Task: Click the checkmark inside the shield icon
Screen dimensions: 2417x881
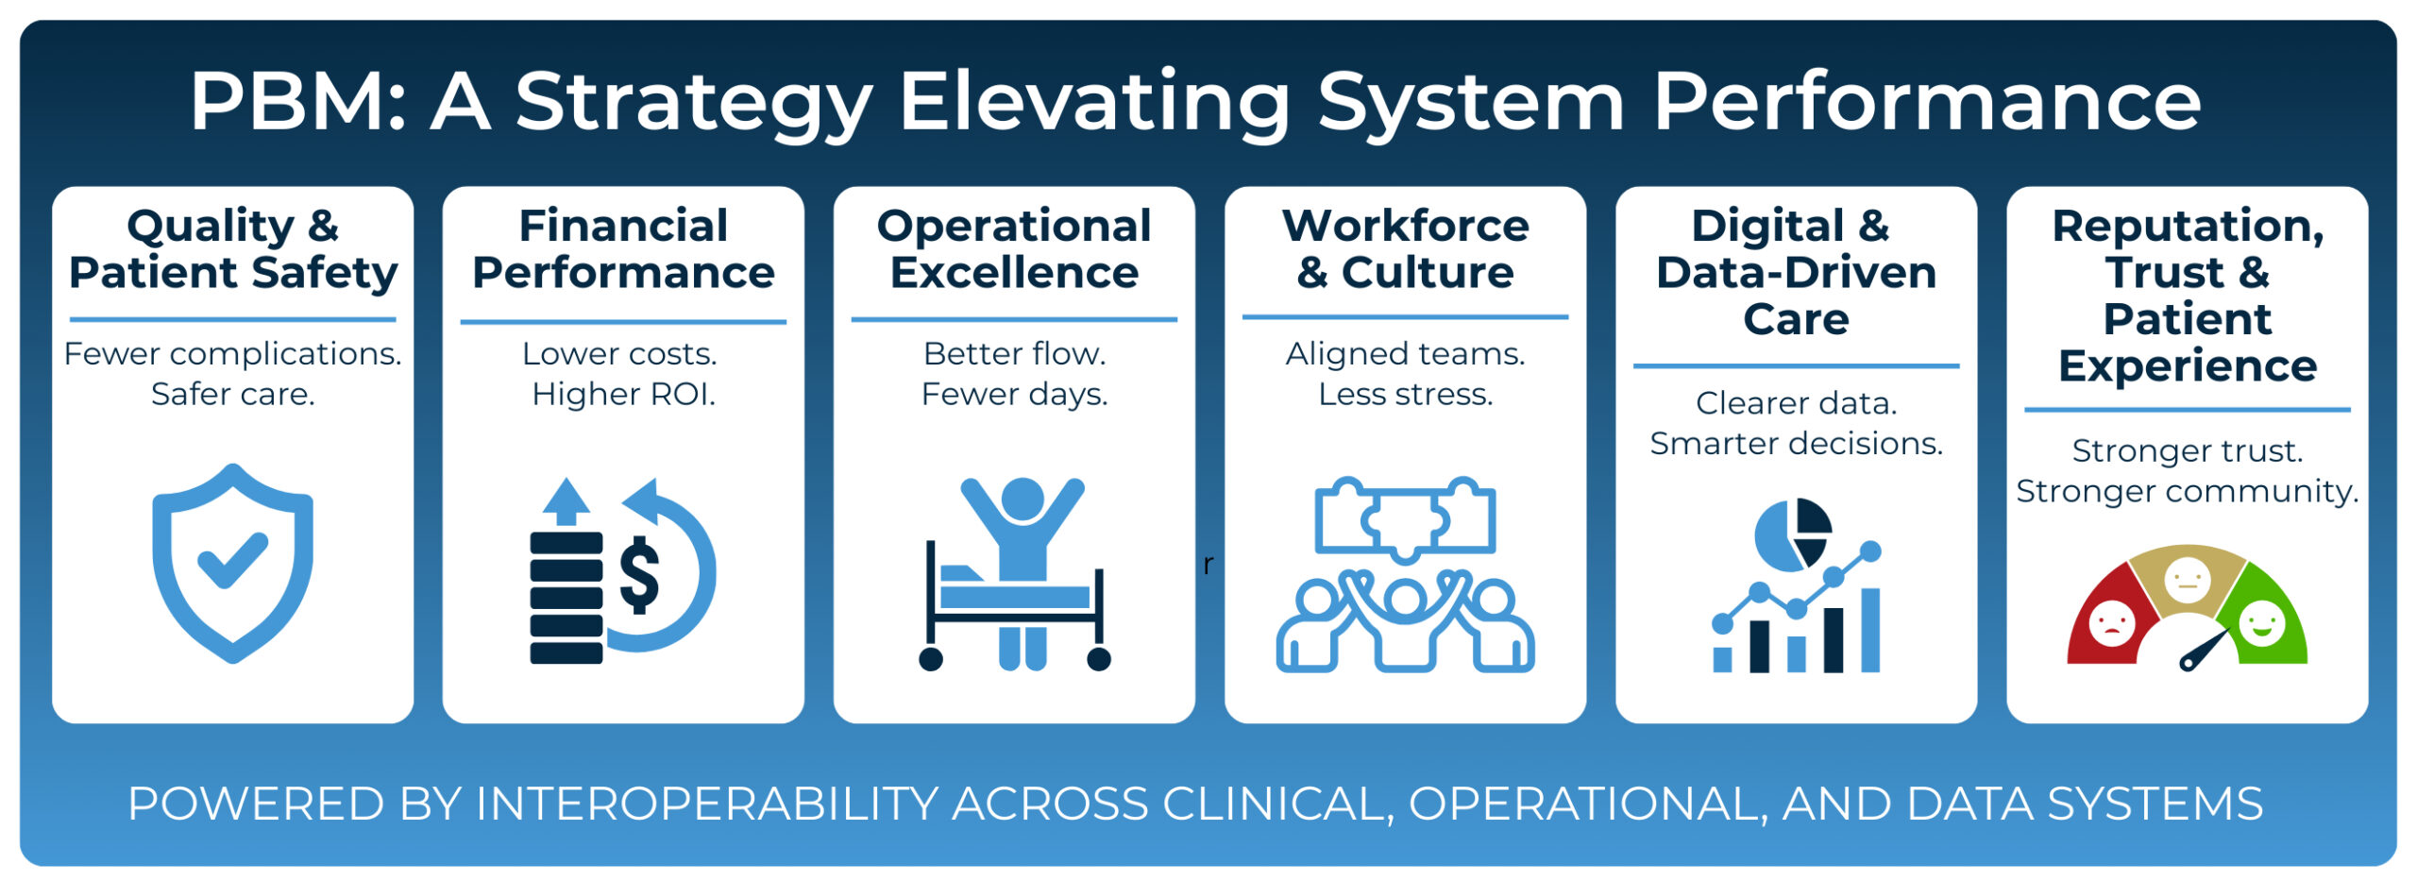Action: pyautogui.click(x=232, y=560)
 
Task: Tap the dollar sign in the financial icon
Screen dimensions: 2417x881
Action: pyautogui.click(x=639, y=575)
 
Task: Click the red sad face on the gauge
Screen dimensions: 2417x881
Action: pyautogui.click(x=2112, y=623)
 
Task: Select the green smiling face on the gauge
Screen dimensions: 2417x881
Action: pyautogui.click(x=2263, y=623)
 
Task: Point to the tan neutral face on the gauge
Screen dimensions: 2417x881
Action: pyautogui.click(x=2188, y=578)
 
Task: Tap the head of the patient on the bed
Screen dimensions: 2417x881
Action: pyautogui.click(x=1022, y=499)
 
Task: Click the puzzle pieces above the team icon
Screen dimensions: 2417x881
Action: pyautogui.click(x=1405, y=518)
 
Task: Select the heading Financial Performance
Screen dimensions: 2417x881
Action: pyautogui.click(x=623, y=248)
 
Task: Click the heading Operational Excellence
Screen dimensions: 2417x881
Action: pyautogui.click(x=1014, y=248)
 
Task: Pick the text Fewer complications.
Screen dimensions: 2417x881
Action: pyautogui.click(x=232, y=353)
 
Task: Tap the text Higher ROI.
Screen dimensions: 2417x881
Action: pyautogui.click(x=623, y=394)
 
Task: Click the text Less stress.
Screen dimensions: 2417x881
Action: pyautogui.click(x=1405, y=394)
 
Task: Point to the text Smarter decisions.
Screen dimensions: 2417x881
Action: pyautogui.click(x=1796, y=443)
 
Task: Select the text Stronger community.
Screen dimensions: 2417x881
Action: pyautogui.click(x=2187, y=491)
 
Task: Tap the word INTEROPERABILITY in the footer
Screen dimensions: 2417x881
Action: pyautogui.click(x=707, y=804)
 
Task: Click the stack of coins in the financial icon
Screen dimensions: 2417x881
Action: pyautogui.click(x=566, y=598)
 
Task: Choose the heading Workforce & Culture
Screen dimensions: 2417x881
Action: pyautogui.click(x=1405, y=248)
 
